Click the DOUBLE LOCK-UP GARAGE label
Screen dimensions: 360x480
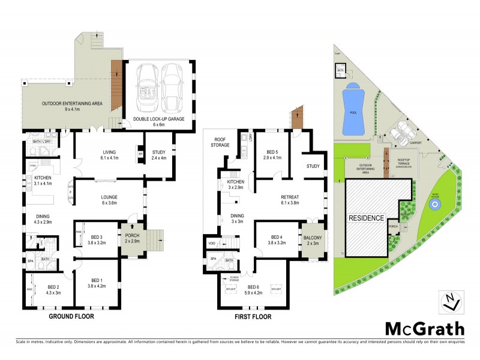[x=159, y=122]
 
